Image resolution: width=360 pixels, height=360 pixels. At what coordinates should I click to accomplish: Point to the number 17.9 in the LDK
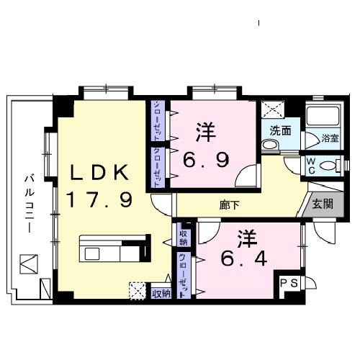coord(99,199)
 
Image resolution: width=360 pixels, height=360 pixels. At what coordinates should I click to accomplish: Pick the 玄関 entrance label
coord(323,204)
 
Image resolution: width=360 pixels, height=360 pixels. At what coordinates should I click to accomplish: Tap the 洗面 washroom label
coord(280,131)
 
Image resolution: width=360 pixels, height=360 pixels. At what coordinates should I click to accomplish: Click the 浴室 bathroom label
coord(330,138)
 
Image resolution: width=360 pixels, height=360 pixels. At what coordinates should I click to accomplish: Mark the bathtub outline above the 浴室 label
coord(322,117)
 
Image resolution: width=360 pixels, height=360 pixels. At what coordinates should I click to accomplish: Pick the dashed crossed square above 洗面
coord(274,111)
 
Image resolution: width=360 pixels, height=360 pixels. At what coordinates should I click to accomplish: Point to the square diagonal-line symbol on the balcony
coord(28,264)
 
